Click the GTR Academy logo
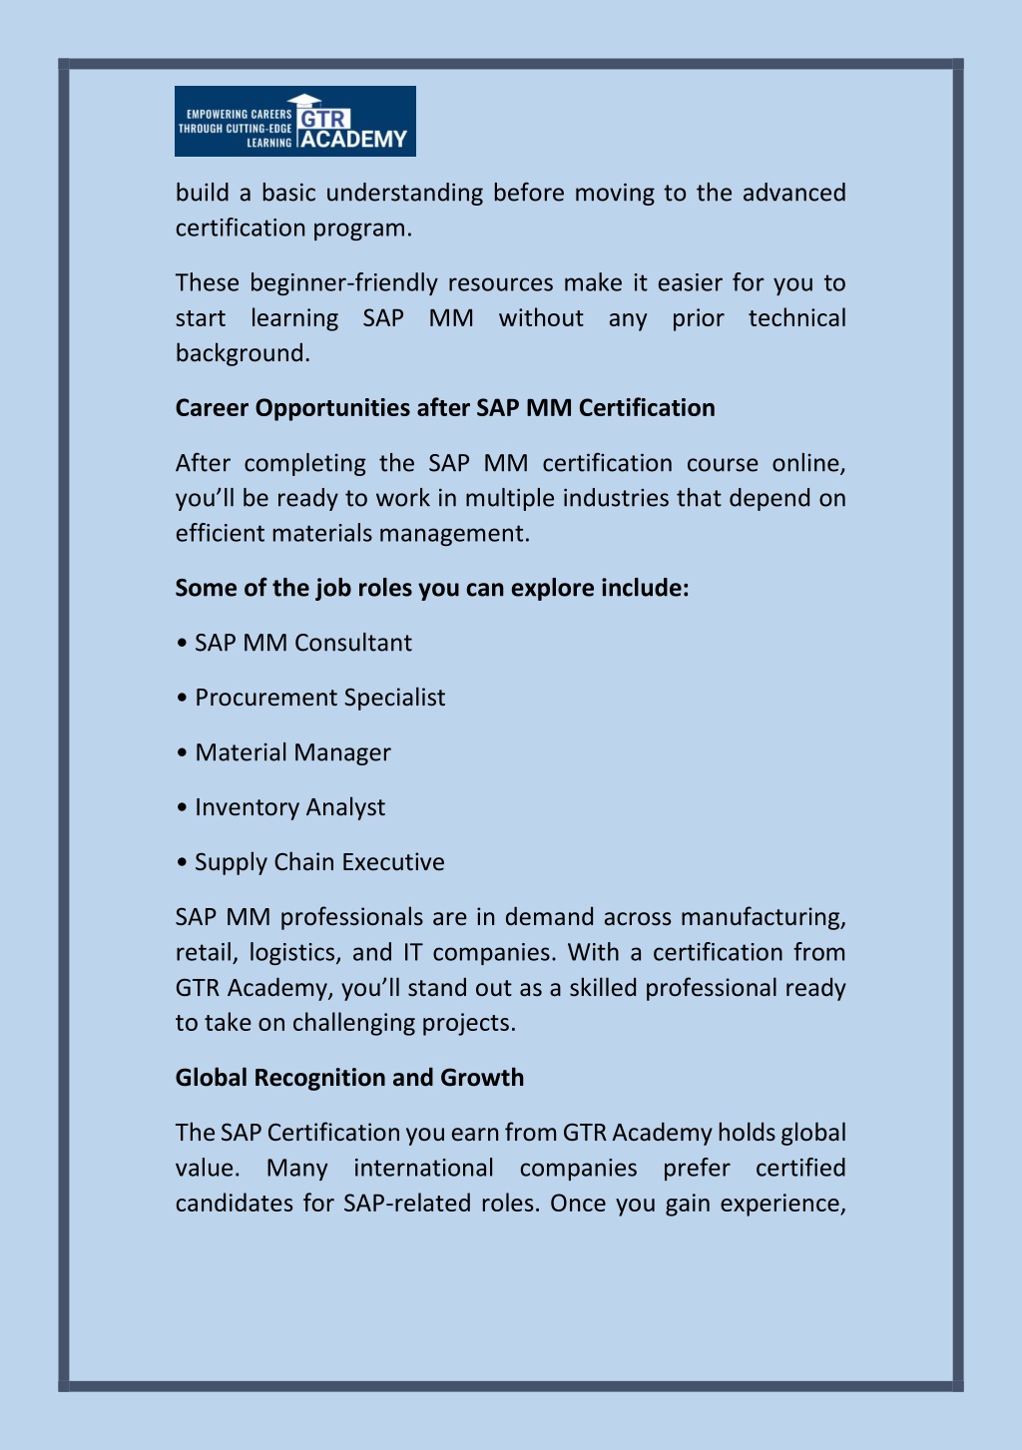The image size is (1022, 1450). pyautogui.click(x=294, y=121)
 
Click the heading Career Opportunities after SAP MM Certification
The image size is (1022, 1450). pyautogui.click(x=445, y=408)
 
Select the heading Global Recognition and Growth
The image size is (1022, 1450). pyautogui.click(x=349, y=1078)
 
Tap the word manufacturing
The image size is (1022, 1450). pyautogui.click(x=764, y=917)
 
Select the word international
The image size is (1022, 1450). pyautogui.click(x=423, y=1169)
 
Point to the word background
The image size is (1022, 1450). pyautogui.click(x=243, y=353)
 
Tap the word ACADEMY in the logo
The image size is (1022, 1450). pyautogui.click(x=354, y=140)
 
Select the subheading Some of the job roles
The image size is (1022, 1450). pyautogui.click(x=432, y=588)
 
